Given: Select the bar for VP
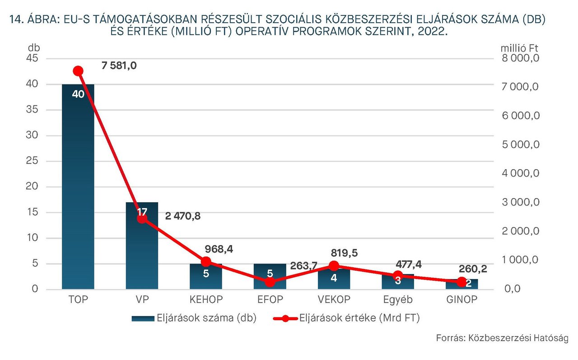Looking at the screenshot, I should (142, 253).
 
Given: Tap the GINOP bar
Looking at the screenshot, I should (462, 285).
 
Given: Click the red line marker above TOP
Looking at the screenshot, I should (78, 71).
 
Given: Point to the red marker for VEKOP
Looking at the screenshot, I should (334, 266).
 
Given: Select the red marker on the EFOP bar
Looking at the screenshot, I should (270, 282).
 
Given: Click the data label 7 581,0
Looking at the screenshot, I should (119, 66).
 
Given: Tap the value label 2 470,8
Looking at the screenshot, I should (183, 216).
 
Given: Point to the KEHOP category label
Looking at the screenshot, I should (206, 300).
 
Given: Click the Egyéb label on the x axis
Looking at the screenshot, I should (398, 300).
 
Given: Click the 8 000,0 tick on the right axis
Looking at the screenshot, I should (521, 58).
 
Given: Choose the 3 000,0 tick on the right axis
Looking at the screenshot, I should (521, 203).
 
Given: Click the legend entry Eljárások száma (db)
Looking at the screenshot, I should (194, 318).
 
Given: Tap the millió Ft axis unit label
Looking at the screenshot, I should (520, 47).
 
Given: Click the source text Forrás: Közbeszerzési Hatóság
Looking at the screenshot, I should (502, 338).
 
